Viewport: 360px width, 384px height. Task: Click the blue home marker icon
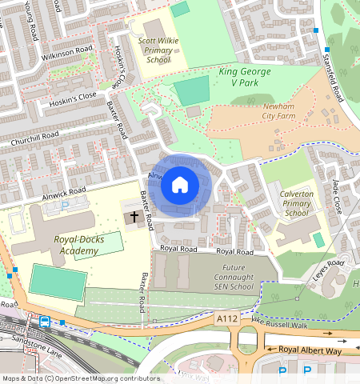tap(180, 185)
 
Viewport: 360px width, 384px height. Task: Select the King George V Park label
tap(245, 77)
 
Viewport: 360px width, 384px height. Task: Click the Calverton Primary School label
tap(296, 203)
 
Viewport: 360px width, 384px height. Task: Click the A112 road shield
tap(226, 318)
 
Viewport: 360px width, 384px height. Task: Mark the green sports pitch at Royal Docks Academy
tap(58, 282)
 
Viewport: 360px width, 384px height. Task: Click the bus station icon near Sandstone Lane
tap(45, 322)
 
